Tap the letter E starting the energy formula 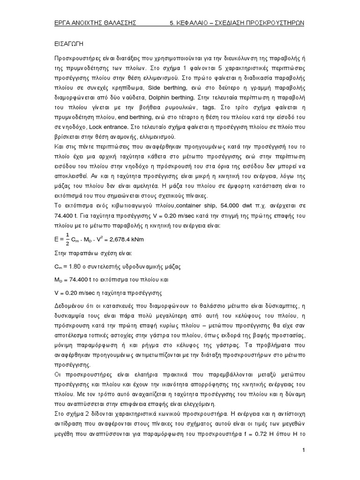pos(56,240)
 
